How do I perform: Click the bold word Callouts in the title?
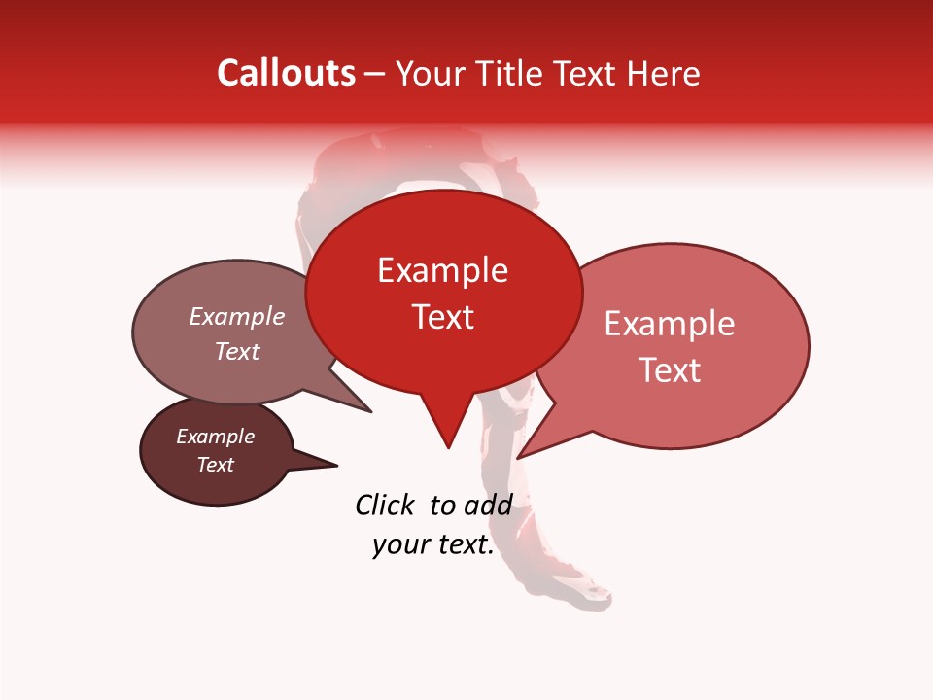click(x=286, y=73)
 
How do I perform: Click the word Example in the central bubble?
click(x=442, y=270)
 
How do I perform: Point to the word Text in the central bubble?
click(x=443, y=316)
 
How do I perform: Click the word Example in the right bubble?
click(x=670, y=324)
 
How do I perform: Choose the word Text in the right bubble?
click(x=671, y=369)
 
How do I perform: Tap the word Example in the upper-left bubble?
click(x=236, y=316)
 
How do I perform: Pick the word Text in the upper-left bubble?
click(x=237, y=351)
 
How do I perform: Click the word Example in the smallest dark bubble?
click(x=215, y=437)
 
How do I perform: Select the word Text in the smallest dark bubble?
click(x=215, y=465)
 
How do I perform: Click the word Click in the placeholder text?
click(x=385, y=505)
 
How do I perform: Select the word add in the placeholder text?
click(x=488, y=505)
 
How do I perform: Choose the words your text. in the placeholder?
click(x=433, y=544)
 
